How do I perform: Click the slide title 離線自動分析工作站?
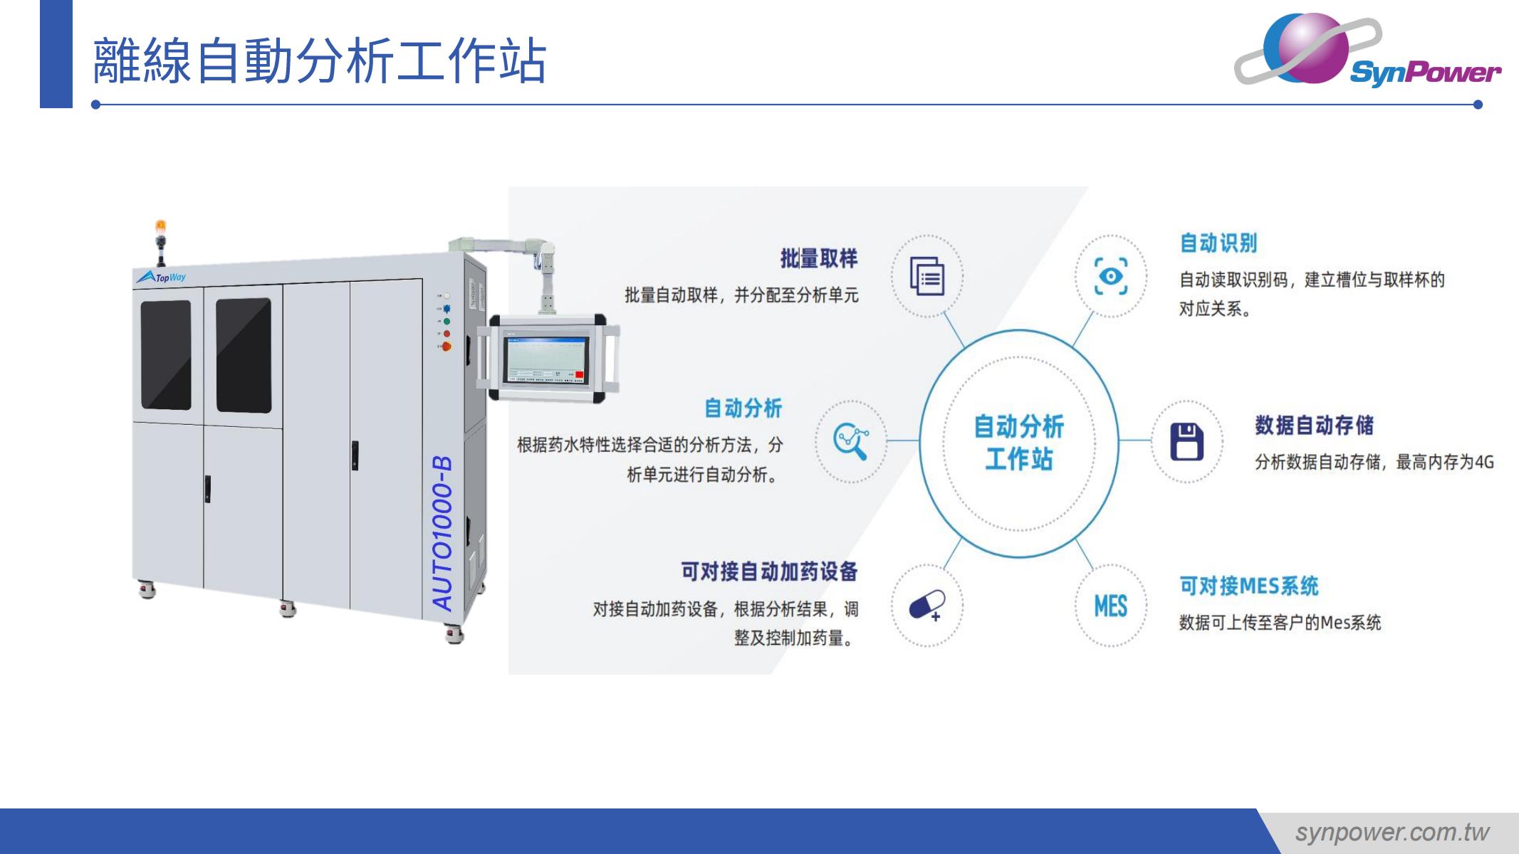[x=320, y=61]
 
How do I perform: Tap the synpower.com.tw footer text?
[x=1392, y=832]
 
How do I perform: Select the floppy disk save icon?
[x=1186, y=441]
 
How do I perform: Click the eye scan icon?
[x=1111, y=275]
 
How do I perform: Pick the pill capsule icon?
[x=927, y=606]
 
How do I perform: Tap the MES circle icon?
[x=1110, y=606]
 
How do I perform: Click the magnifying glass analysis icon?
[x=851, y=441]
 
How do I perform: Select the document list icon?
[x=927, y=276]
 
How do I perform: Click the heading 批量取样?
[x=819, y=258]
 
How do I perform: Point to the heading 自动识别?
[x=1218, y=243]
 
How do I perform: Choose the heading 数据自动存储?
[x=1314, y=425]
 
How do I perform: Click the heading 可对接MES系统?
[x=1249, y=586]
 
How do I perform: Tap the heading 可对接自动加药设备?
[x=769, y=571]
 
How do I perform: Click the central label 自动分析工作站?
[x=1018, y=442]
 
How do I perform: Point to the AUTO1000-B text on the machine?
[x=442, y=533]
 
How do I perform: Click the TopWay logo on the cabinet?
[x=162, y=277]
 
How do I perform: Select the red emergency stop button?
[x=447, y=347]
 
